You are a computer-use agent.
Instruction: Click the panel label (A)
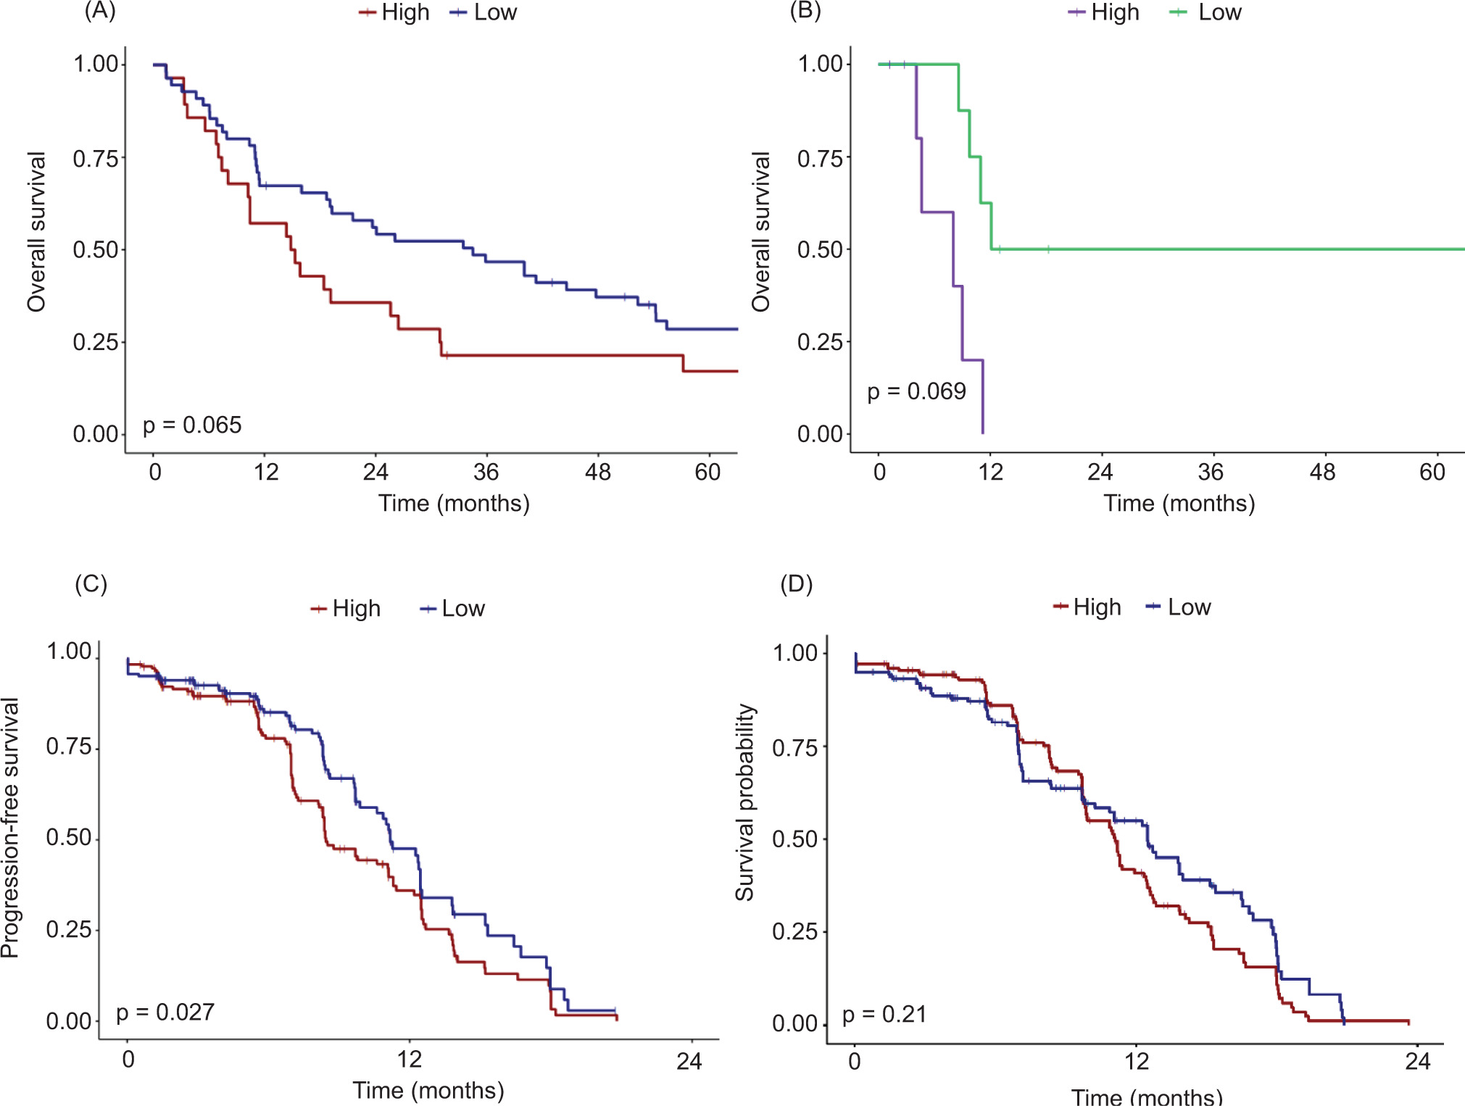100,11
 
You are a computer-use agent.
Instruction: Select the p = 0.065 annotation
192,425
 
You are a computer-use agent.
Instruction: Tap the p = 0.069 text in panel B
916,391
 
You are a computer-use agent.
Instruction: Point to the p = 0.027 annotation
165,1012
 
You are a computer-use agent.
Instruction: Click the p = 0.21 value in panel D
884,1014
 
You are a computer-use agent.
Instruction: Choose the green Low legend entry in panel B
1206,12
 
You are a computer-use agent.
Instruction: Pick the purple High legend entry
1104,12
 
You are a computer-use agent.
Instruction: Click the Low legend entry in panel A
484,12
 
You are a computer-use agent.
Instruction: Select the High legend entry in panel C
346,608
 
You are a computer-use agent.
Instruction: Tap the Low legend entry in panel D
1179,607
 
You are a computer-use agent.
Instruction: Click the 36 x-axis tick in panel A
486,473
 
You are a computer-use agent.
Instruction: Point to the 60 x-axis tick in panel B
1432,473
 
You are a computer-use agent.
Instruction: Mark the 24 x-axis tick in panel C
689,1061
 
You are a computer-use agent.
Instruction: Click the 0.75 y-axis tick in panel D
794,748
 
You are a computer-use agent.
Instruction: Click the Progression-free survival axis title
10,828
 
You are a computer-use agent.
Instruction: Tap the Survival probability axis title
745,802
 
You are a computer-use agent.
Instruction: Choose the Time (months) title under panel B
1179,503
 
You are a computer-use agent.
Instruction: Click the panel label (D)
796,583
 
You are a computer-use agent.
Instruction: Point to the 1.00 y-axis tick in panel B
820,64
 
